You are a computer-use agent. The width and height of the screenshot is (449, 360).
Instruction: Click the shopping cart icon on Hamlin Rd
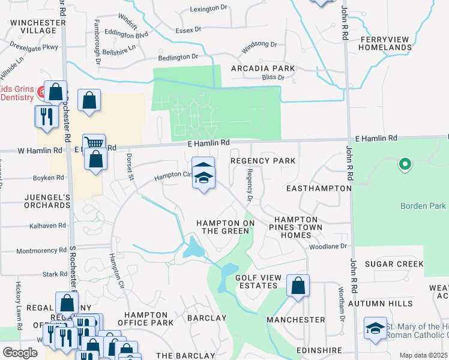point(94,143)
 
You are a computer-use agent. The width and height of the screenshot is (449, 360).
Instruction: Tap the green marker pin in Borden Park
point(405,163)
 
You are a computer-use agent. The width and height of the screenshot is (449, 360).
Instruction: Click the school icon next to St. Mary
point(375,328)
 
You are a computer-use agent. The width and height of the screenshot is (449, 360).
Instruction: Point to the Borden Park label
point(423,206)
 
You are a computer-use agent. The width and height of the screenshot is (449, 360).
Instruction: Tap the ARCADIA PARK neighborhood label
point(263,69)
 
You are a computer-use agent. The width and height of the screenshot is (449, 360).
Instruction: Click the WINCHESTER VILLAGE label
point(37,26)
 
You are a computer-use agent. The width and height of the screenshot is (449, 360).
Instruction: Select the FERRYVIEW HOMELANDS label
point(384,44)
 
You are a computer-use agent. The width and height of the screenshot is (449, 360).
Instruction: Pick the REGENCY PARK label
point(263,161)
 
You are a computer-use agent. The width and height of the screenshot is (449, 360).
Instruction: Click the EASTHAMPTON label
point(318,188)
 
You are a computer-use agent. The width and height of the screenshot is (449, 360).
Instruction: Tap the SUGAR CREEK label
point(394,264)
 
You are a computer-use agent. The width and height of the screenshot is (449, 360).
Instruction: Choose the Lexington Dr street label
point(210,10)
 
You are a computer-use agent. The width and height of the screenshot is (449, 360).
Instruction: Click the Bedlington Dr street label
point(178,57)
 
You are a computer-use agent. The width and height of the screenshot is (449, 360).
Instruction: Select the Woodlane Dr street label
point(328,247)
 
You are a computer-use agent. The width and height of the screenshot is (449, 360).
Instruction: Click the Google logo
point(20,353)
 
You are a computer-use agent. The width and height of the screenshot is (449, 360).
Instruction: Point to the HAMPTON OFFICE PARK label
point(145,319)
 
